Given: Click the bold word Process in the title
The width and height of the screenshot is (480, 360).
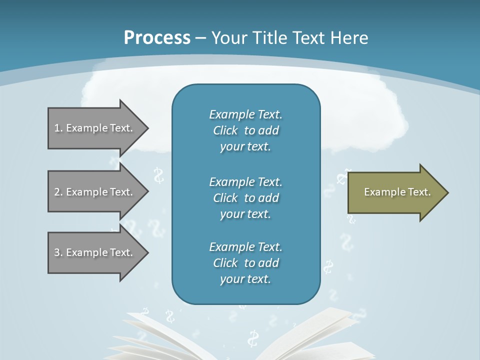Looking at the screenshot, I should point(157,37).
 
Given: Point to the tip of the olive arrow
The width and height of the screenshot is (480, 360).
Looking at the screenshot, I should point(447,192).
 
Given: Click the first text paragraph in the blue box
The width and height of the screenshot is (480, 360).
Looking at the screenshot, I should point(245,130).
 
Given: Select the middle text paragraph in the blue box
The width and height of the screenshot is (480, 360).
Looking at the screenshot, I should point(245,197).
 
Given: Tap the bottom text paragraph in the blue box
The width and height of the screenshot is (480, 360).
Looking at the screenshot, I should point(245,263).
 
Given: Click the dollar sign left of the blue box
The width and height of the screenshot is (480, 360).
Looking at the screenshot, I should point(159,175).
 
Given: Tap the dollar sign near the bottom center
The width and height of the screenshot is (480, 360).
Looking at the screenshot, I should point(253,338).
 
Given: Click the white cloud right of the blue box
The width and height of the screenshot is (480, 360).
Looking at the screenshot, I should point(360,120).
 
